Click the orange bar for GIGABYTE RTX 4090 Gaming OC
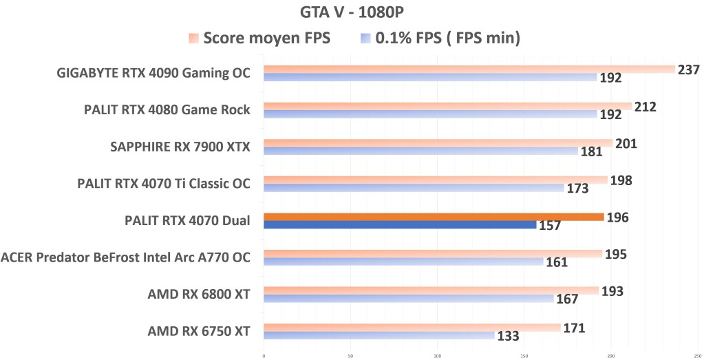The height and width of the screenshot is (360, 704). [468, 69]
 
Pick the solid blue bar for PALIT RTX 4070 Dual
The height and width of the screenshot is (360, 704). [399, 224]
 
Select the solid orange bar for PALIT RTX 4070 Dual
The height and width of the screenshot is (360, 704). [434, 217]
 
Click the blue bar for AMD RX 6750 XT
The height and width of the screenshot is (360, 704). [378, 335]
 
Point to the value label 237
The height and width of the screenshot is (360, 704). [688, 70]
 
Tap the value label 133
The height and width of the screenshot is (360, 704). [508, 336]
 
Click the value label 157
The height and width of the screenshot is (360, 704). [550, 226]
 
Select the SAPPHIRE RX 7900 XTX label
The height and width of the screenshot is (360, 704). [180, 147]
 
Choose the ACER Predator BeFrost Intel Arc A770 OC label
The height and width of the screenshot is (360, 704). [125, 257]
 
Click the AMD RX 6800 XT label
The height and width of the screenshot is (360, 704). [198, 295]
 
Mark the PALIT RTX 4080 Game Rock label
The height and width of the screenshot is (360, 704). [167, 109]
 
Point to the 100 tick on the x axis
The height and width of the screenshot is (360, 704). [438, 356]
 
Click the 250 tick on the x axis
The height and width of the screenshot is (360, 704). [698, 356]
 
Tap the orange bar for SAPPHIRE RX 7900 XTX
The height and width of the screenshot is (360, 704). [438, 143]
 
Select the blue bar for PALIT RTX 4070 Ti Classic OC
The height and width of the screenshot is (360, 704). [413, 187]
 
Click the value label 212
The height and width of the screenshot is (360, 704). [646, 107]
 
